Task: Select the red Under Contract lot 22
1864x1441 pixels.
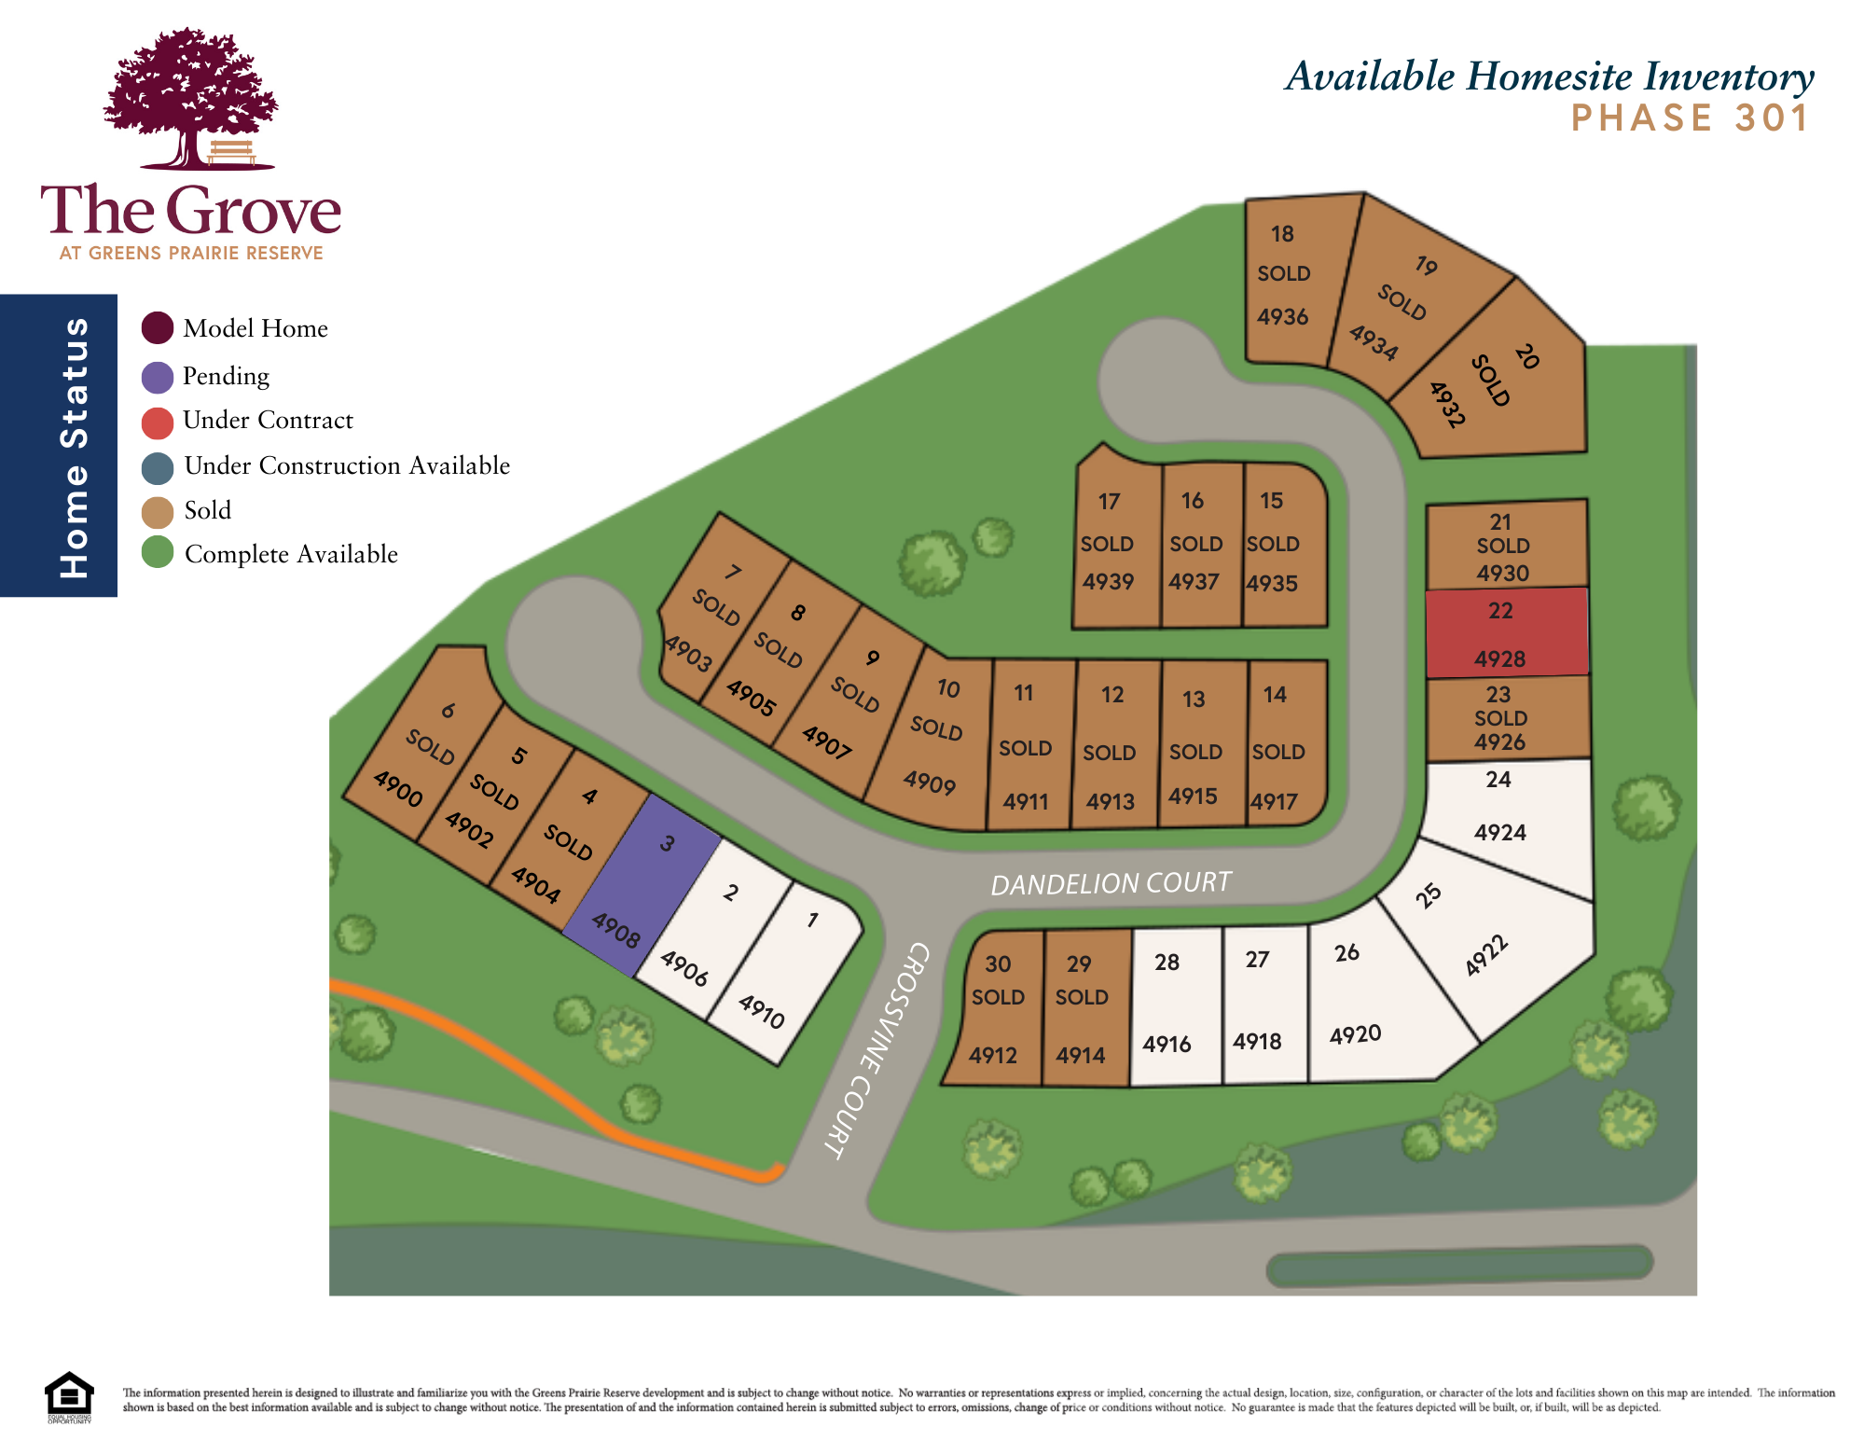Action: click(x=1506, y=633)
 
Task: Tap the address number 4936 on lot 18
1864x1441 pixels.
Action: click(x=1282, y=317)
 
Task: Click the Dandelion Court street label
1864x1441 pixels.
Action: click(x=1111, y=883)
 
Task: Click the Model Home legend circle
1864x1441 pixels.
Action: click(x=158, y=328)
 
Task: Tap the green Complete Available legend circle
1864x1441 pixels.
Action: click(x=158, y=552)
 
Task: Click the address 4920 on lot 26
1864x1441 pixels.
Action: click(x=1355, y=1034)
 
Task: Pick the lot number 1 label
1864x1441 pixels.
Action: click(x=812, y=921)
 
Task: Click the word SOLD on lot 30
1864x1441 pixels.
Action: click(x=998, y=997)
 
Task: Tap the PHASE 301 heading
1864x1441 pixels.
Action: click(x=1690, y=118)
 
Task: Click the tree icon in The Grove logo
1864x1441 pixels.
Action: click(x=191, y=98)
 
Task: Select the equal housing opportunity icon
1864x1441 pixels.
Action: click(x=69, y=1397)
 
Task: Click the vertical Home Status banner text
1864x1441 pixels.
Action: click(x=74, y=447)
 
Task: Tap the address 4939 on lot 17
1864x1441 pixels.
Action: click(x=1108, y=582)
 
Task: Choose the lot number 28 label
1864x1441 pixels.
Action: click(x=1167, y=963)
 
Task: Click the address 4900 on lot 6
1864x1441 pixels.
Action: click(x=398, y=789)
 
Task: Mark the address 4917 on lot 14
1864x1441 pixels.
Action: click(x=1274, y=801)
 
